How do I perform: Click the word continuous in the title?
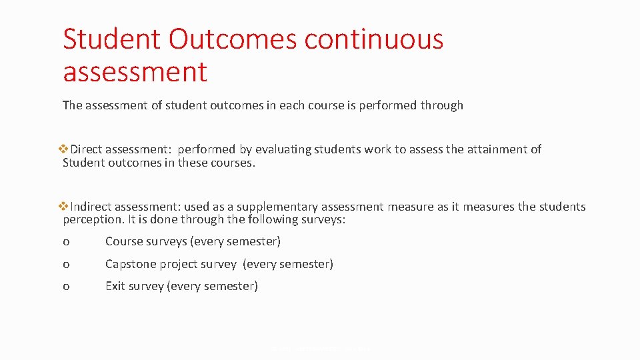373,39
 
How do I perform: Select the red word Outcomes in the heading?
232,39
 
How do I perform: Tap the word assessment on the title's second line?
135,71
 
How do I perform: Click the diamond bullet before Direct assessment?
65,149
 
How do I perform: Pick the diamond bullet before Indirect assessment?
65,207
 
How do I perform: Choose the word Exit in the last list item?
115,286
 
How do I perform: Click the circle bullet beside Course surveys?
66,242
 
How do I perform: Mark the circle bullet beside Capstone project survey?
66,265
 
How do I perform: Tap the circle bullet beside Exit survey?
66,287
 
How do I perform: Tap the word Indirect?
94,207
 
